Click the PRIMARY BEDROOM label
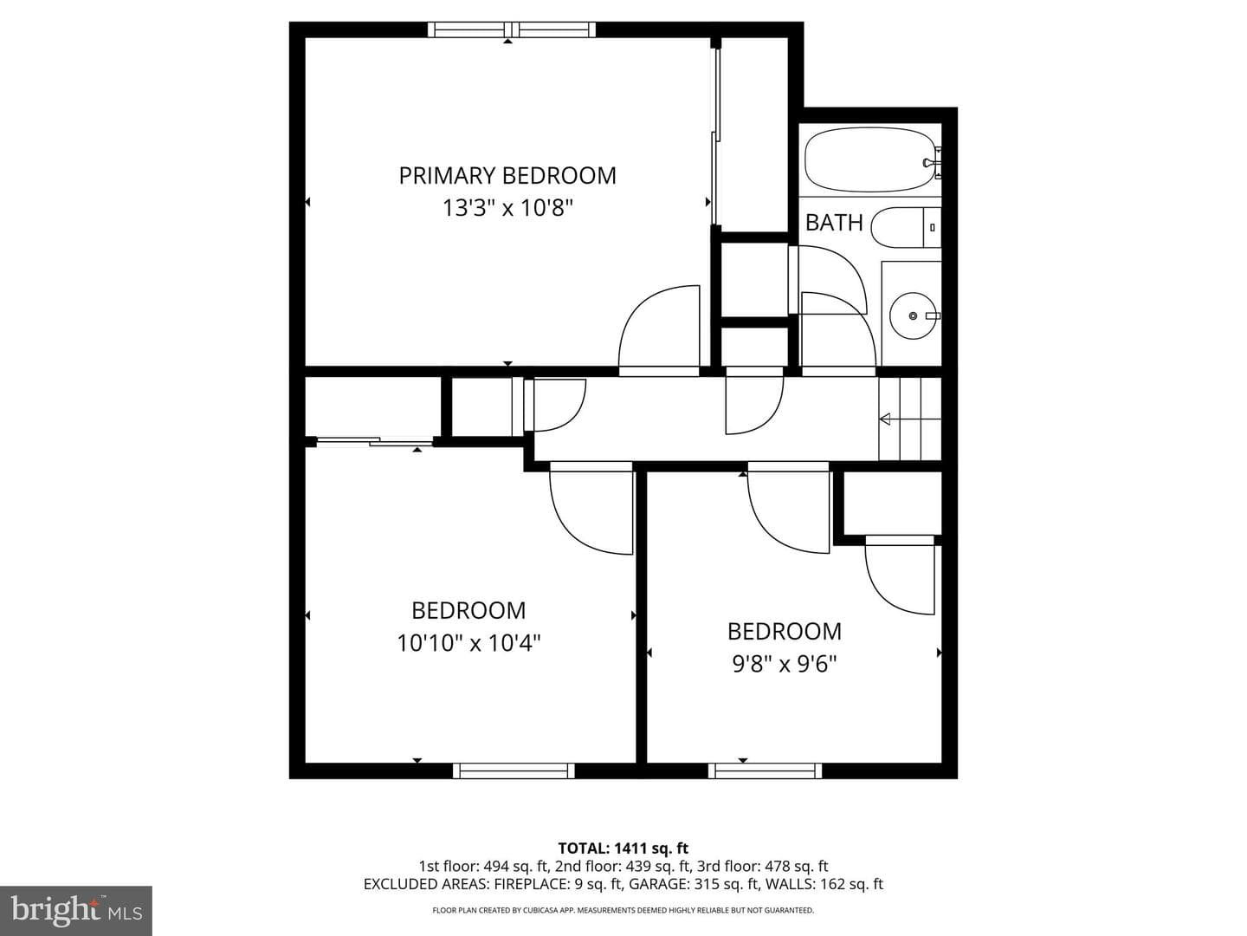(507, 176)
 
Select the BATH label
(834, 223)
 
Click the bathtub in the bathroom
(870, 159)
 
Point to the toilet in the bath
(906, 227)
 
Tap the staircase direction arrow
(909, 419)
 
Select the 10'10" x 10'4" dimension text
(468, 643)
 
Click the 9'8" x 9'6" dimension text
(785, 664)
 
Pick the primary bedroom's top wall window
(511, 29)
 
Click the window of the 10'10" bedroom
(514, 770)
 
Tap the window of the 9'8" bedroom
(765, 770)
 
